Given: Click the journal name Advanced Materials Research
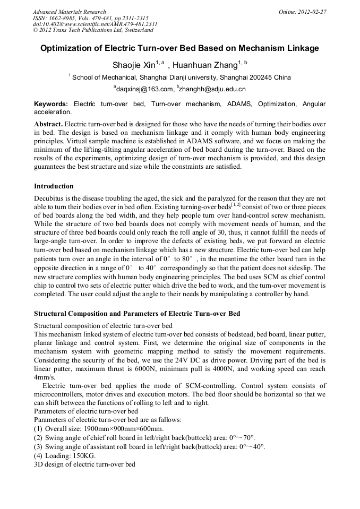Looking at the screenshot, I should coord(69,12).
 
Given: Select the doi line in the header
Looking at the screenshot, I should coord(95,24).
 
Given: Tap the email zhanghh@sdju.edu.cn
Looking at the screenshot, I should coord(212,89).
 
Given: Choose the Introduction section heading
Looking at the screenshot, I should coord(54,186).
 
